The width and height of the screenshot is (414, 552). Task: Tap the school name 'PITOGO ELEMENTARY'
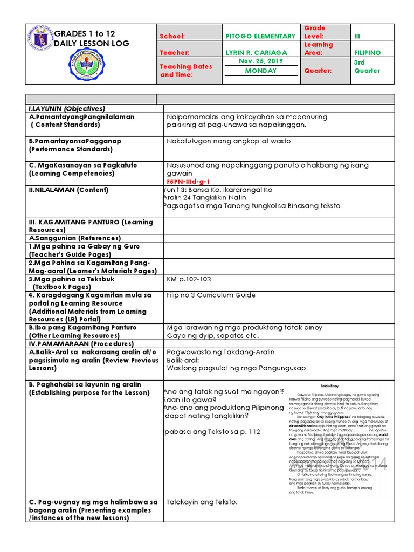260,36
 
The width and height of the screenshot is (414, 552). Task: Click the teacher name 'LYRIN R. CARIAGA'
257,53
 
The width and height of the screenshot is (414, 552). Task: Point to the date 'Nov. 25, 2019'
260,61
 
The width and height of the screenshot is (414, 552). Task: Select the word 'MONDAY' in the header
260,71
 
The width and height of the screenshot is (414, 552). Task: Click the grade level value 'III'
356,36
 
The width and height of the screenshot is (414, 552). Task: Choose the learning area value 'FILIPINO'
367,53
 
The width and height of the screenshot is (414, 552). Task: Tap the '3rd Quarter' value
367,66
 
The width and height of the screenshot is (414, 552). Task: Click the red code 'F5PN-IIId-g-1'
188,182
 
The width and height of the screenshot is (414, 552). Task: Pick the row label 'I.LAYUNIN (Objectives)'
67,108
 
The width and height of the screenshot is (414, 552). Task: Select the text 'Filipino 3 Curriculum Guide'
211,295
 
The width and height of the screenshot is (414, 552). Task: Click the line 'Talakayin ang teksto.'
202,502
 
